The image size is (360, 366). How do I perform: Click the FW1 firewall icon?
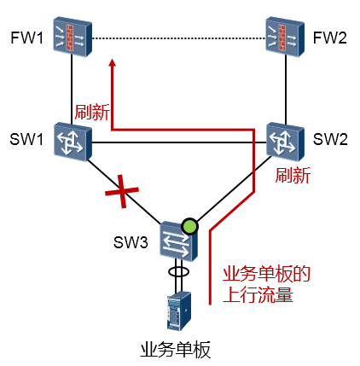[x=73, y=37]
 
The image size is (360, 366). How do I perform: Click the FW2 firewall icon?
[x=285, y=37]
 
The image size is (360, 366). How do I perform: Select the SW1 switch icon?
[x=73, y=142]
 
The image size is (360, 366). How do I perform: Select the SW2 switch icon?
[x=285, y=142]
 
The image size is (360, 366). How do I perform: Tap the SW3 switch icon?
[x=178, y=241]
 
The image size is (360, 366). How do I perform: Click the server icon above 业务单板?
[x=179, y=311]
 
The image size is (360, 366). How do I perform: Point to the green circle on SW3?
[x=189, y=226]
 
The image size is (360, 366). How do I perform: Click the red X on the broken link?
[x=122, y=191]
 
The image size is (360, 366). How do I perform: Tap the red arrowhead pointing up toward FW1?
[x=113, y=62]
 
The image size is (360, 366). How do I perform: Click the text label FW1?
[x=27, y=38]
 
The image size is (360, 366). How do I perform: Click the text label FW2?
[x=330, y=38]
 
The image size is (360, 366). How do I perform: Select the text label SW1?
[x=26, y=139]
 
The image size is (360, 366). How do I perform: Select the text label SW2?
[x=330, y=139]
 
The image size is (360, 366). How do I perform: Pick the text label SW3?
[x=131, y=242]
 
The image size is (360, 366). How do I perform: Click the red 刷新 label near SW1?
[x=92, y=112]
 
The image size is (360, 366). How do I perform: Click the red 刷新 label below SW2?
[x=293, y=175]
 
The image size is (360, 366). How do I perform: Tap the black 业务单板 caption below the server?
[x=176, y=350]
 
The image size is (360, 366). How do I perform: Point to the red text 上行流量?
[x=258, y=295]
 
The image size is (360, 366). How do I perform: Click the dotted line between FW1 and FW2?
[x=179, y=38]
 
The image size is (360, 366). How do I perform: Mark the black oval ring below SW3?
[x=178, y=271]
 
